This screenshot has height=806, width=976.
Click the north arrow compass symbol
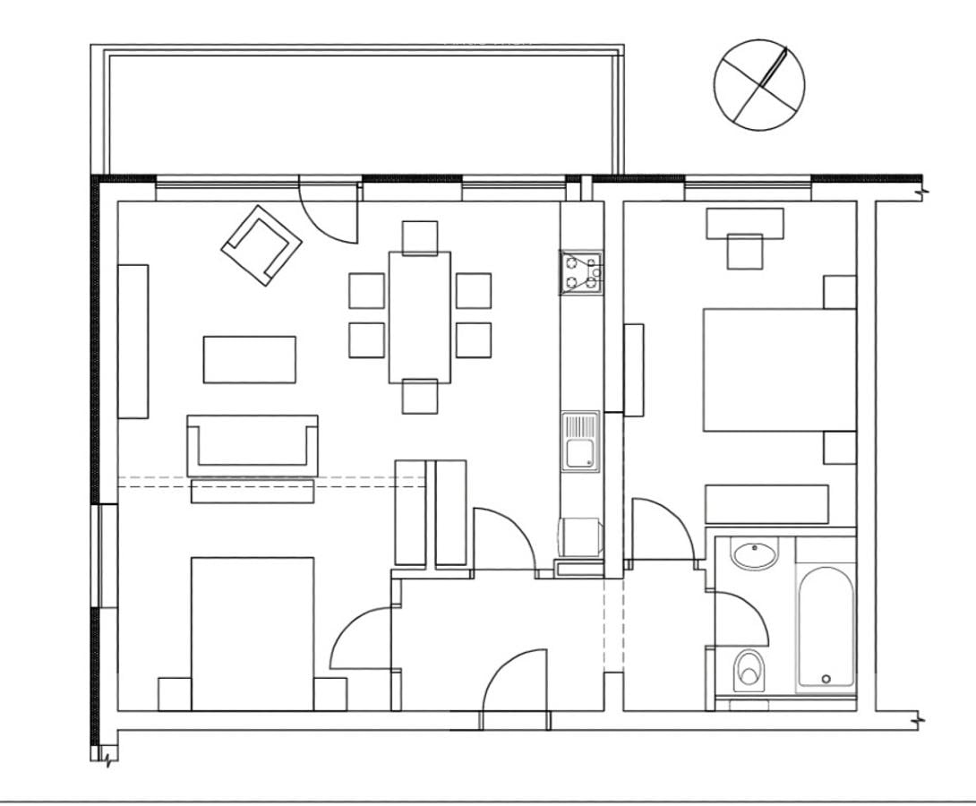[x=759, y=85]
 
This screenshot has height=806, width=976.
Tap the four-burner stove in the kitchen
[x=581, y=273]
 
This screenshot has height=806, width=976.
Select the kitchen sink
[x=581, y=442]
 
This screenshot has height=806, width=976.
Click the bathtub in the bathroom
[x=826, y=627]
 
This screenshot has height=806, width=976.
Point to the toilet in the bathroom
[x=749, y=670]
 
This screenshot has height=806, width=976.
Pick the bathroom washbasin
[x=754, y=554]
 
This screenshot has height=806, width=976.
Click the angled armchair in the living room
[x=261, y=244]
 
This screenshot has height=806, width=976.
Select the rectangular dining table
[x=419, y=317]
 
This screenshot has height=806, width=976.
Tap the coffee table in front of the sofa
[x=249, y=359]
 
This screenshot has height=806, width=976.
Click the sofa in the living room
[x=253, y=445]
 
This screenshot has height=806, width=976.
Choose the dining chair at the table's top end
[x=419, y=237]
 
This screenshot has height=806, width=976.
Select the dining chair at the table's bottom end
[x=419, y=396]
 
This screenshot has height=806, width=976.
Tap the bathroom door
[x=739, y=618]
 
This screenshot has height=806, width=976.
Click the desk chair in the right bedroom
[x=744, y=251]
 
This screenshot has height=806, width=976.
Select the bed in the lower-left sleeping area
[x=253, y=633]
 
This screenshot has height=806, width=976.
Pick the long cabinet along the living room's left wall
[x=133, y=341]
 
